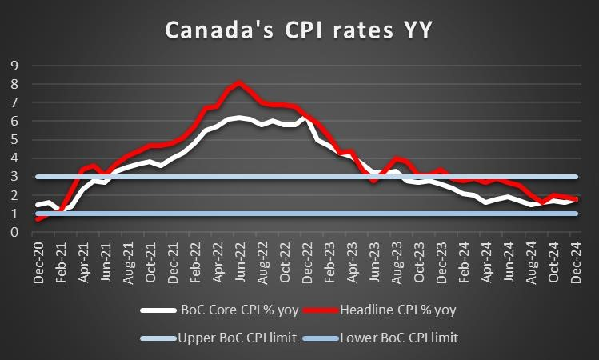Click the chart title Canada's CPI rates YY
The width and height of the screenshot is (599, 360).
299,30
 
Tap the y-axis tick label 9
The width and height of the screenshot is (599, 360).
14,66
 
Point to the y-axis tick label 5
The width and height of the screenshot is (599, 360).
14,140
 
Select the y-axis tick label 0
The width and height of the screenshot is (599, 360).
14,233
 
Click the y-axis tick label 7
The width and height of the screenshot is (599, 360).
14,103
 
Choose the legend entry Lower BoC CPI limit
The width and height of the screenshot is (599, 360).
399,337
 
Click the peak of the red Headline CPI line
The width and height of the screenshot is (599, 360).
239,82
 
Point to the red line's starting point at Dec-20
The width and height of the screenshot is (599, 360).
38,218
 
